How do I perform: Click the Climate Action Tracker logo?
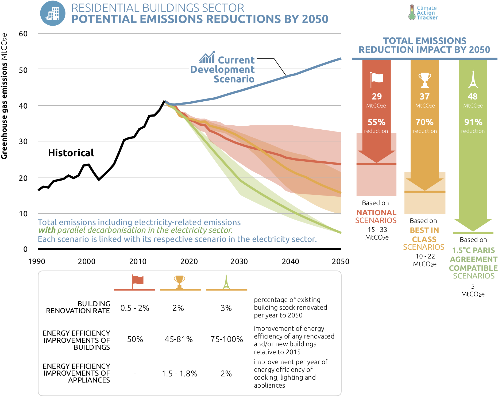pyautogui.click(x=423, y=13)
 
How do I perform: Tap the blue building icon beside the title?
pyautogui.click(x=53, y=13)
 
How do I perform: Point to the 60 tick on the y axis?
pyautogui.click(x=23, y=34)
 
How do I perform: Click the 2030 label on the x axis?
pyautogui.click(x=239, y=261)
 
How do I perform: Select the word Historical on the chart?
pyautogui.click(x=71, y=153)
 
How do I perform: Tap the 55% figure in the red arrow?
pyautogui.click(x=376, y=122)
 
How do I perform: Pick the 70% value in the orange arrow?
pyautogui.click(x=424, y=122)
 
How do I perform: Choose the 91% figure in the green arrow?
pyautogui.click(x=473, y=122)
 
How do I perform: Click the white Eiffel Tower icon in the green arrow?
pyautogui.click(x=473, y=79)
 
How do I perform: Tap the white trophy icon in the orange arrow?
pyautogui.click(x=424, y=80)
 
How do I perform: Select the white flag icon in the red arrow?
pyautogui.click(x=376, y=79)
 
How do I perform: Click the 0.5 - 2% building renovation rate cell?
pyautogui.click(x=135, y=308)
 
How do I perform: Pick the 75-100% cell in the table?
pyautogui.click(x=227, y=339)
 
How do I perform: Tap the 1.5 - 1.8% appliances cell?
pyautogui.click(x=179, y=374)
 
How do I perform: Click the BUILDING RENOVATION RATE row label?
pyautogui.click(x=78, y=307)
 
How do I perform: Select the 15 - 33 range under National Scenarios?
pyautogui.click(x=377, y=230)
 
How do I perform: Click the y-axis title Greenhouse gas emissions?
pyautogui.click(x=4, y=96)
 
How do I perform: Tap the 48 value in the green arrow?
pyautogui.click(x=473, y=97)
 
